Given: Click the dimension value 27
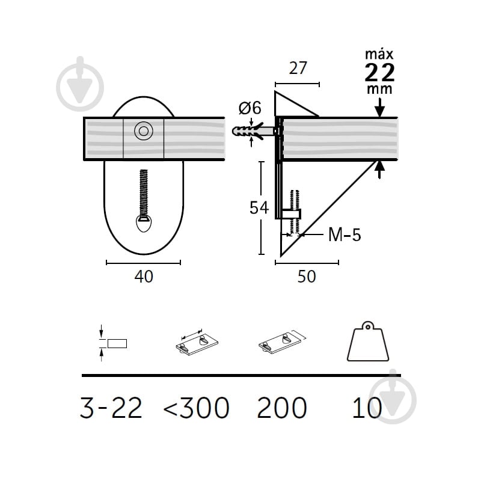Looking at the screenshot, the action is (298, 68).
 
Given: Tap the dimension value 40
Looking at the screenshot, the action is (144, 277).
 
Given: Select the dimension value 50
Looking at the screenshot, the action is (307, 277).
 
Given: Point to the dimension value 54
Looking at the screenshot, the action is (259, 207).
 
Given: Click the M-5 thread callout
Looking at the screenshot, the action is (345, 234).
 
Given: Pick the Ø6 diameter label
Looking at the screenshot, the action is (250, 108).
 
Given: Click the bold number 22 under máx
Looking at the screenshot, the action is (380, 72).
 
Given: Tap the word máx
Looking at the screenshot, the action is (379, 55).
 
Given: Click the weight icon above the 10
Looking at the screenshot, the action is (368, 341).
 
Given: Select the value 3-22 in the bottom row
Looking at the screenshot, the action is (111, 408).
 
